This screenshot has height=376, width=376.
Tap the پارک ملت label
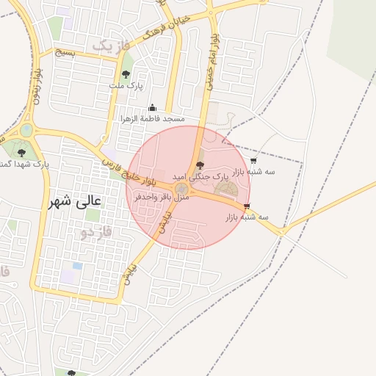(125, 86)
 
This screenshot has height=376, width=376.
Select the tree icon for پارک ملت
(126, 74)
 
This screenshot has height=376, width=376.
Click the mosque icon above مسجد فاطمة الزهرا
(153, 107)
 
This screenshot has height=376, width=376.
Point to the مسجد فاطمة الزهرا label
(153, 118)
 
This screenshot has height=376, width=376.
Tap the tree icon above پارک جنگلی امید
(201, 166)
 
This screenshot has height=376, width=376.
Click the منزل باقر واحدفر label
(162, 198)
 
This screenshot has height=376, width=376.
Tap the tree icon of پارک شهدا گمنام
(21, 153)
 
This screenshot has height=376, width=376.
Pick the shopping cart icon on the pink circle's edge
(247, 206)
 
